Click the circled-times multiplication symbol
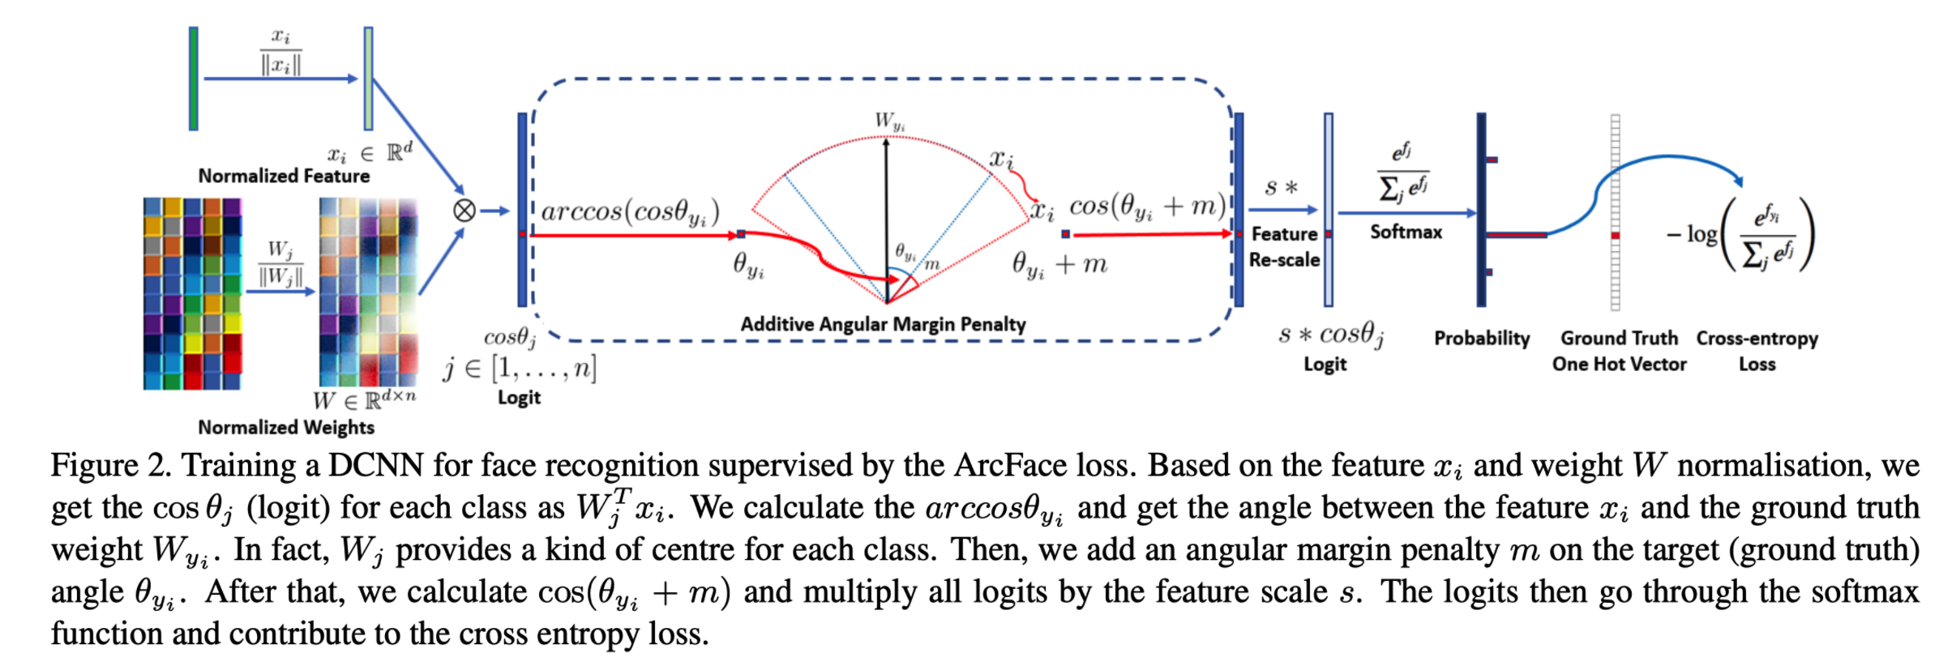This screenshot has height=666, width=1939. (464, 211)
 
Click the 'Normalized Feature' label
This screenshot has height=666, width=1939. (284, 176)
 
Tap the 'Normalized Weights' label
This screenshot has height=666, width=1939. (286, 427)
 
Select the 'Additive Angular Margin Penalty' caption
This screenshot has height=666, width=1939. (883, 324)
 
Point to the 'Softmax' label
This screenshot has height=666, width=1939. (1406, 232)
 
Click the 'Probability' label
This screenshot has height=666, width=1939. (1482, 338)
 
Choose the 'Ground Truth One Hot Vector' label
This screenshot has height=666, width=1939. (1619, 351)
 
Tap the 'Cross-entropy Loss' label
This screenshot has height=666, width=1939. (1757, 351)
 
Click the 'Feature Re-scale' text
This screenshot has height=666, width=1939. (1284, 246)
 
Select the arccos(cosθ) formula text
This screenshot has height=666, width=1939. (630, 211)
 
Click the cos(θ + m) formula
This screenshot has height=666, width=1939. (1147, 207)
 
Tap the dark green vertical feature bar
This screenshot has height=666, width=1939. (194, 79)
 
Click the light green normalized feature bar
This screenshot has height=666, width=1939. (368, 79)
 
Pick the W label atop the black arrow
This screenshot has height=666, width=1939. (888, 122)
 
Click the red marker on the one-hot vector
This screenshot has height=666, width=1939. (1615, 235)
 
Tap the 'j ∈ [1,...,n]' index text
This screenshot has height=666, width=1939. (520, 369)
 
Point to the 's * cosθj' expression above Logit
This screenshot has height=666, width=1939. (1331, 334)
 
